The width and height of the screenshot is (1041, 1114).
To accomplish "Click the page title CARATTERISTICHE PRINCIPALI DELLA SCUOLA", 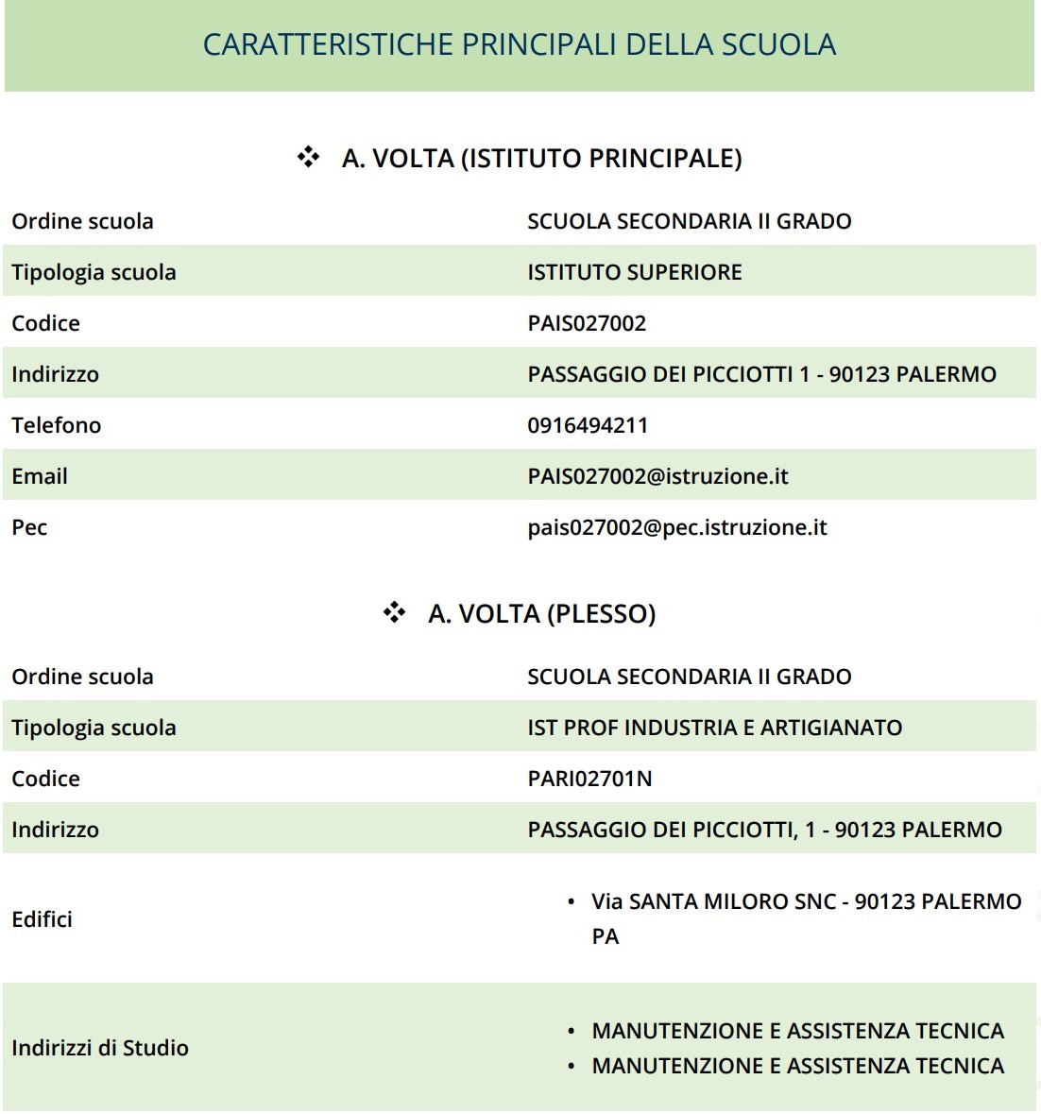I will tap(520, 44).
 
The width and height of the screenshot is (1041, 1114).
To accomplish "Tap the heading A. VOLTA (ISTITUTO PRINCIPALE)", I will tap(541, 158).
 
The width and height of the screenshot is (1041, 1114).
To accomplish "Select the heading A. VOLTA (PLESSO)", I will tap(541, 613).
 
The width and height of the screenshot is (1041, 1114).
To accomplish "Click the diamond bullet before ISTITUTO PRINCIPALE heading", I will tap(308, 157).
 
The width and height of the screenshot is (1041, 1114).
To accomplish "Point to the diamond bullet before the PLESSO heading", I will tap(394, 612).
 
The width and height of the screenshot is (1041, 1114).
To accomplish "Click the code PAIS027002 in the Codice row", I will tap(587, 323).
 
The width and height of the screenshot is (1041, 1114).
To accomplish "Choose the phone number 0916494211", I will tap(588, 425).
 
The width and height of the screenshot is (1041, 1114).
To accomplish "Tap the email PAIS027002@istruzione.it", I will tap(657, 476).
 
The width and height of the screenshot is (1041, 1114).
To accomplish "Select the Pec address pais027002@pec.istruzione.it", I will tap(676, 527).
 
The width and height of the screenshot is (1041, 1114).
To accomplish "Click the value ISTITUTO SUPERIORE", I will tap(634, 272).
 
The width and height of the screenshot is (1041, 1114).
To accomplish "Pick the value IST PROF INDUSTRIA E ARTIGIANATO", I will tap(714, 728).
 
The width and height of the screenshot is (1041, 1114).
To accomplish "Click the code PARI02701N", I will tap(589, 779).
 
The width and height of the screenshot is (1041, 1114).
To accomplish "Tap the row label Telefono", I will tap(56, 425).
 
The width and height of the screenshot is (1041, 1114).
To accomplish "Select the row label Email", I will tap(40, 476).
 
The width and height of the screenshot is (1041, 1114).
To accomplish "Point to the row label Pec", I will tap(29, 527).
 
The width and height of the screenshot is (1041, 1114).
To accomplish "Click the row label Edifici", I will tap(42, 919).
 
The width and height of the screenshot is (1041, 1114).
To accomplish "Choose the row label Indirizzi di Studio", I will tap(100, 1048).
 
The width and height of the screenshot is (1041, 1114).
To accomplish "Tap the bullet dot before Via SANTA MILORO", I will tap(571, 902).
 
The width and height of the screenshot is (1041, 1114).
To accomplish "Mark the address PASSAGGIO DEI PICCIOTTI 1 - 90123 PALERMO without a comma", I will tap(761, 374).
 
